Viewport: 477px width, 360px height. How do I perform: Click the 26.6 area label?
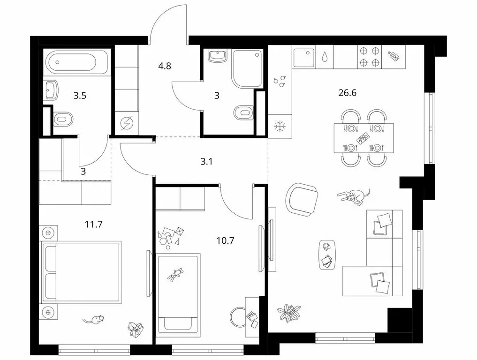click(347, 93)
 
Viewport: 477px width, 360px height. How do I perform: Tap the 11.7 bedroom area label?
click(94, 225)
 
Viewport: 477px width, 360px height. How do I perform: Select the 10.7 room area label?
click(226, 241)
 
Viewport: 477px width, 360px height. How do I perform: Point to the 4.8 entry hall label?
click(165, 66)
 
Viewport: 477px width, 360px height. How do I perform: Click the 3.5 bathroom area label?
click(80, 96)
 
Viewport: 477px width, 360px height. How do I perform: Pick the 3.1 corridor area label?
click(206, 161)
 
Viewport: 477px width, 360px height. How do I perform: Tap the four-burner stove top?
click(370, 57)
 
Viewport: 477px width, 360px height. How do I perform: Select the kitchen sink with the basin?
click(304, 57)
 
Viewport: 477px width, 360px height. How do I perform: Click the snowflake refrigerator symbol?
click(279, 126)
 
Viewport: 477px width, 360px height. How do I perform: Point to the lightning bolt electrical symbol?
click(126, 124)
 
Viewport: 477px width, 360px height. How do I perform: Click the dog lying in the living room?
click(354, 196)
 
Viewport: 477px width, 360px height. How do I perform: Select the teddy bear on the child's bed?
click(175, 274)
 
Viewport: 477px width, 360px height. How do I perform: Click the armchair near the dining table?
click(302, 200)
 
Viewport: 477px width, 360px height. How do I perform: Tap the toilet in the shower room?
click(244, 112)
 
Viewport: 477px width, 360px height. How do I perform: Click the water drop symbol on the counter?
click(325, 57)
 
